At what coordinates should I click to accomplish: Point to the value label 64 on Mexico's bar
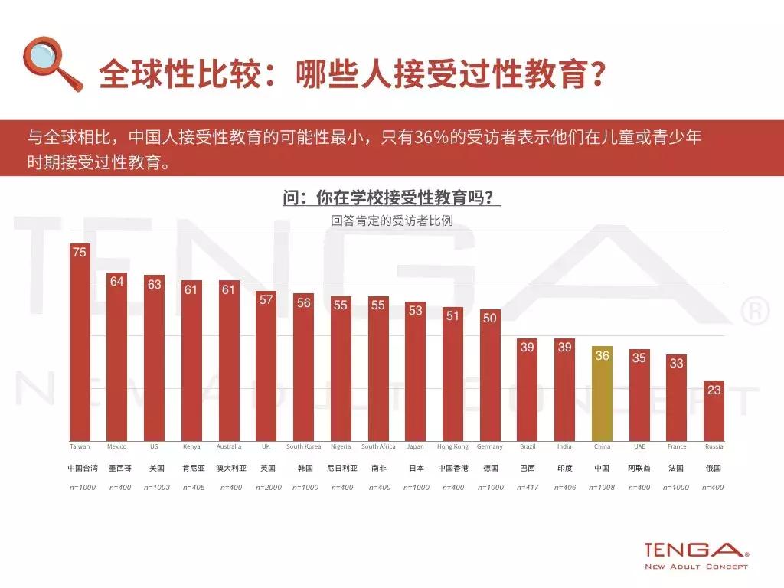click(116, 282)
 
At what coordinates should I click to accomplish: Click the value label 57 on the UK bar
click(266, 299)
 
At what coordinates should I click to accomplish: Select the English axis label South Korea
click(303, 446)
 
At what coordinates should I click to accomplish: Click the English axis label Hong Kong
click(452, 446)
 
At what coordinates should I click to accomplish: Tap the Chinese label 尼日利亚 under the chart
click(341, 467)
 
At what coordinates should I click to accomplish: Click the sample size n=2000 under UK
click(266, 487)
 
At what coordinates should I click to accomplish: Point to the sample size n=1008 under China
click(602, 487)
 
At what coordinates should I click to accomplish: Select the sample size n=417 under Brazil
click(528, 487)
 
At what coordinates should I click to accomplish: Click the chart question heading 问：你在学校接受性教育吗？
click(391, 198)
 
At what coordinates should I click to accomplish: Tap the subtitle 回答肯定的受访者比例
click(391, 220)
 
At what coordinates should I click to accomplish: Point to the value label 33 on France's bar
click(676, 364)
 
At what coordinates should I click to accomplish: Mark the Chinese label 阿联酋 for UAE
click(639, 467)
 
